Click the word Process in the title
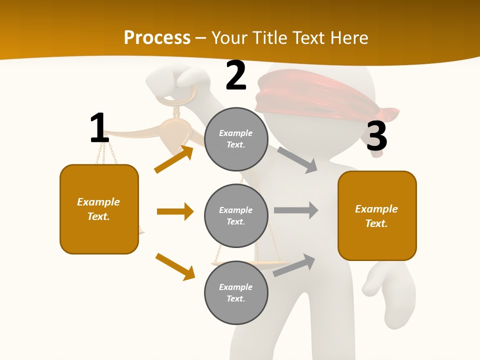[x=157, y=37]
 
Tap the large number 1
[x=99, y=128]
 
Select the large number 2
[x=236, y=75]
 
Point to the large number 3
[x=376, y=136]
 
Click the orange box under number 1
[x=99, y=209]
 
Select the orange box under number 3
[x=377, y=216]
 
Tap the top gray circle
[x=236, y=139]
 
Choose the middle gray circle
[x=236, y=215]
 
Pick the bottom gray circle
[x=236, y=292]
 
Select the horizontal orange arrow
[x=175, y=211]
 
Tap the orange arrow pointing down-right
[x=175, y=266]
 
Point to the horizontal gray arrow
[x=296, y=210]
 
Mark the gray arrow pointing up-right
[x=294, y=265]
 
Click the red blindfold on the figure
[x=320, y=95]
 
